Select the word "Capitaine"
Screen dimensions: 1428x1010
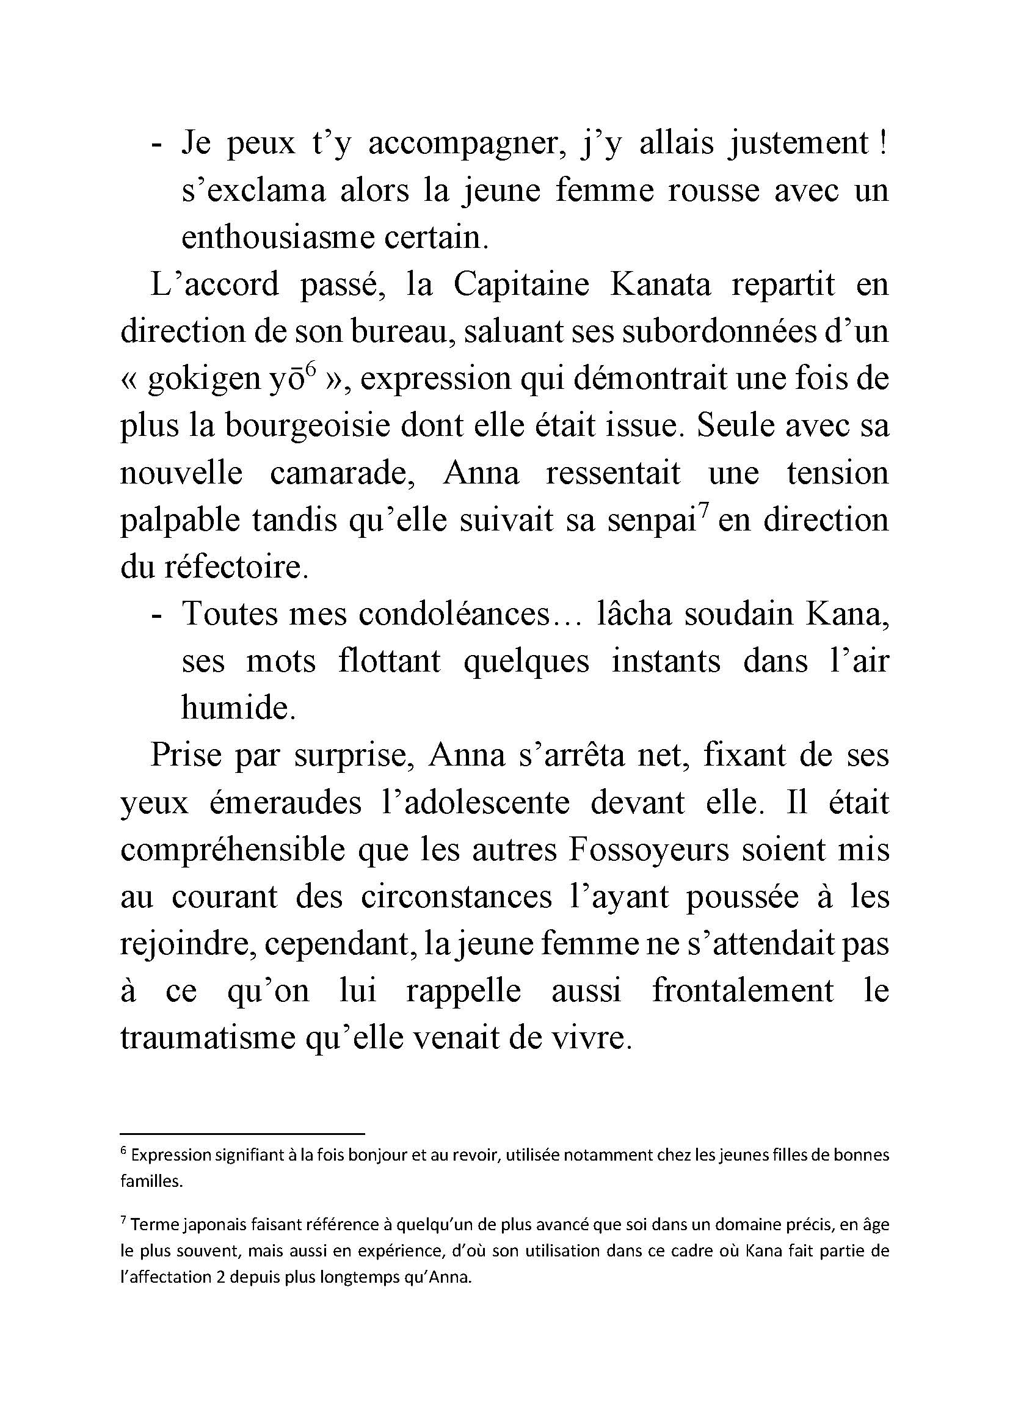click(521, 286)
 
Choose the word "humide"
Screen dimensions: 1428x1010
click(238, 709)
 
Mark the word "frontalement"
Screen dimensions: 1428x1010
click(743, 992)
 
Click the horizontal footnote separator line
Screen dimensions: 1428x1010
click(242, 1134)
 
